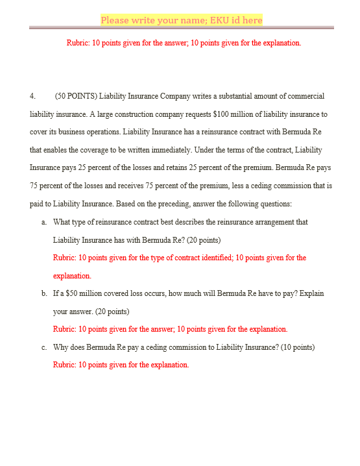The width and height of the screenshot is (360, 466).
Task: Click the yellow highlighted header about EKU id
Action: coord(181,20)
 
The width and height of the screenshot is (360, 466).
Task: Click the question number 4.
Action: coord(33,96)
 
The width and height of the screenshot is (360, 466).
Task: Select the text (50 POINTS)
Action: coord(76,96)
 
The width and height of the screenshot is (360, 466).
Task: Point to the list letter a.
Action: coord(43,222)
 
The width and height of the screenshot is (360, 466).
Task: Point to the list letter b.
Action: coord(43,293)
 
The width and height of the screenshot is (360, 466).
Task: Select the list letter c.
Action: coord(43,347)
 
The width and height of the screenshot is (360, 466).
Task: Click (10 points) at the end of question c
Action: coord(297,347)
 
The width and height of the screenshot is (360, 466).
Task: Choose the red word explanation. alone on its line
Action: coord(72,276)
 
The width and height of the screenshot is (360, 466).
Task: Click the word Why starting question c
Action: coord(61,347)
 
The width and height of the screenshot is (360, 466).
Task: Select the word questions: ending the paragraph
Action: coord(275,204)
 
